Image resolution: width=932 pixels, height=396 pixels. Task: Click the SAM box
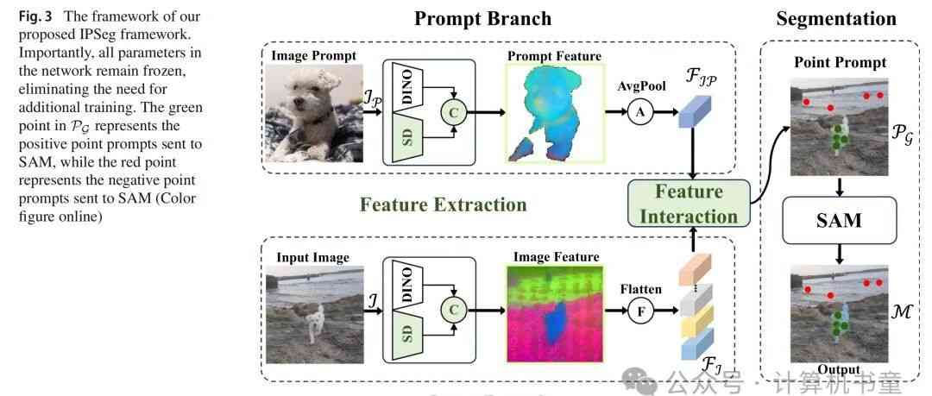pos(839,220)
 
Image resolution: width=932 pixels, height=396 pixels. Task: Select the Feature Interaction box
pos(689,204)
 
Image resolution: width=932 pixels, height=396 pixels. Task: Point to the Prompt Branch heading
pos(482,18)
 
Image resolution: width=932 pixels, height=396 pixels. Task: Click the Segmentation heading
pos(835,18)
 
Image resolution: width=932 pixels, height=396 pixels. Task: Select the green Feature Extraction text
pos(443,204)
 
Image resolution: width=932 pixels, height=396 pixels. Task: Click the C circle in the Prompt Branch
pos(451,112)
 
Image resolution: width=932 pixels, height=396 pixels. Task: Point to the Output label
pos(838,369)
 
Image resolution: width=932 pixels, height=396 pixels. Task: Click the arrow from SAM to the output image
pos(839,252)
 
